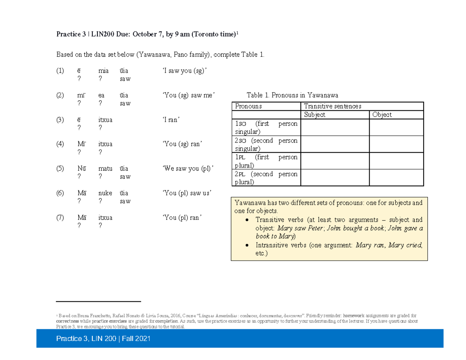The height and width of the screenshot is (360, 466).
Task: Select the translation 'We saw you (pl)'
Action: pyautogui.click(x=188, y=169)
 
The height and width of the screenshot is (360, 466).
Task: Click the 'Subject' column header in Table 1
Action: pyautogui.click(x=315, y=115)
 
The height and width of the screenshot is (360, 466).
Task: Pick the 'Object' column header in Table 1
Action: pyautogui.click(x=382, y=115)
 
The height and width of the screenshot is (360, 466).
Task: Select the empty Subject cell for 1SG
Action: pyautogui.click(x=335, y=127)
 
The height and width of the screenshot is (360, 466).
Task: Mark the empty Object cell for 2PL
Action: pyautogui.click(x=396, y=178)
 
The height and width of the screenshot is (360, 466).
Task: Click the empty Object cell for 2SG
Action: pyautogui.click(x=396, y=144)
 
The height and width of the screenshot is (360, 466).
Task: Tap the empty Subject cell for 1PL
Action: pyautogui.click(x=335, y=161)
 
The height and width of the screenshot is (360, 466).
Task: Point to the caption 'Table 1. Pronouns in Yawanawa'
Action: pyautogui.click(x=292, y=95)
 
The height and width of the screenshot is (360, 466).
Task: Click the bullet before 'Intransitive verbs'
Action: pyautogui.click(x=248, y=245)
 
